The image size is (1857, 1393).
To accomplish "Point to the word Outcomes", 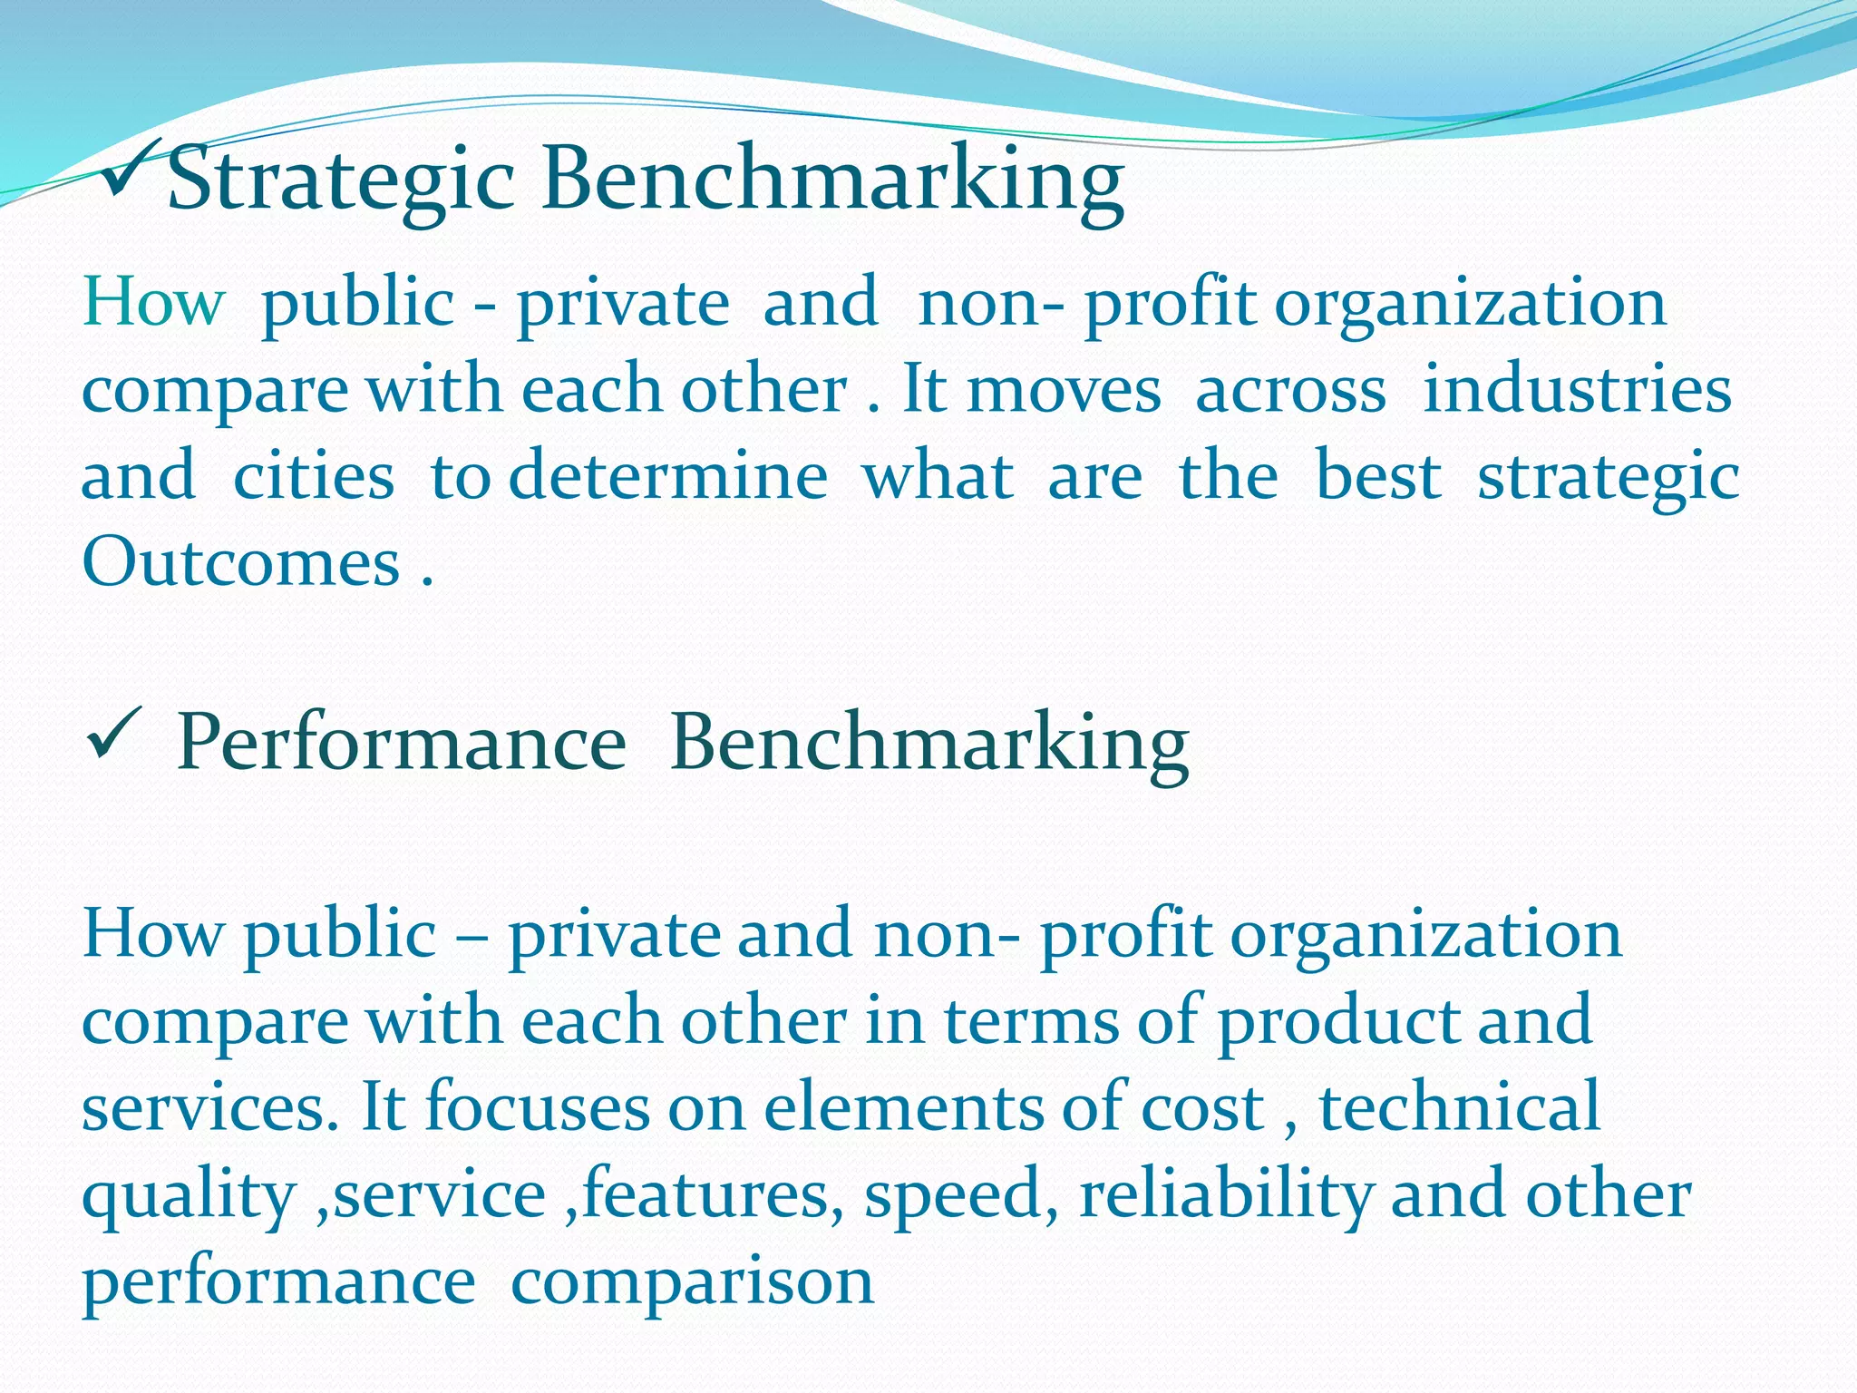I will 241,562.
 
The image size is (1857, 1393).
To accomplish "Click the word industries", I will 1577,389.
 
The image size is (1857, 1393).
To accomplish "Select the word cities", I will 314,476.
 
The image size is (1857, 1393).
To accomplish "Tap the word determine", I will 668,476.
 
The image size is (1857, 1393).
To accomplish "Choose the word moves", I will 1064,390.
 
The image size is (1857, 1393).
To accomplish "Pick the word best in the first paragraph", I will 1378,476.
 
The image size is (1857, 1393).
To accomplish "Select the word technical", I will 1460,1107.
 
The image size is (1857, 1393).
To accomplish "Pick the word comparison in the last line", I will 693,1281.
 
